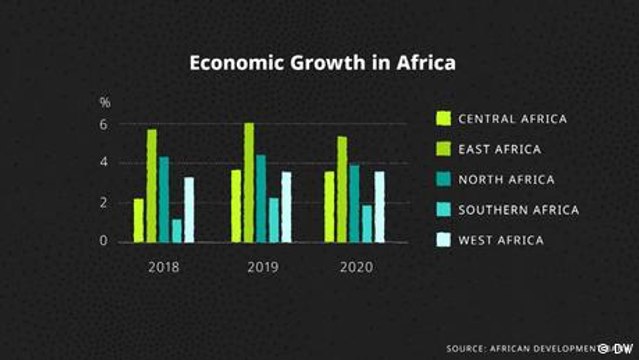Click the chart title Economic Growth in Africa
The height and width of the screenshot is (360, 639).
[x=323, y=63]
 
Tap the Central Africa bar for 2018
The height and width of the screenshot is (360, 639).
[x=139, y=220]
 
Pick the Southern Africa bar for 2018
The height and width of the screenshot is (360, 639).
[x=177, y=230]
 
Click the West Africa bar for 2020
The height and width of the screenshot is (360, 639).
[x=379, y=207]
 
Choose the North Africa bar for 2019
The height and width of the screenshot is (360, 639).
[x=261, y=198]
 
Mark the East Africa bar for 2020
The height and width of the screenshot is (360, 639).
[x=341, y=189]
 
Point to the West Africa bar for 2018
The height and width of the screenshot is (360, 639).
[x=189, y=209]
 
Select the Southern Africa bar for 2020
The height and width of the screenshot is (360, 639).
[x=367, y=223]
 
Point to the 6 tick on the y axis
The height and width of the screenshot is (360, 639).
[x=103, y=124]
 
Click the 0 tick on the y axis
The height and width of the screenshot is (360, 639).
[x=103, y=241]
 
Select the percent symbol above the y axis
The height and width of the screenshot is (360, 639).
[x=104, y=102]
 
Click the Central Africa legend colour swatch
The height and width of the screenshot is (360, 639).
[x=443, y=119]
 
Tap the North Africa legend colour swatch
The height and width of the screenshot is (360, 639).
[x=443, y=180]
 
